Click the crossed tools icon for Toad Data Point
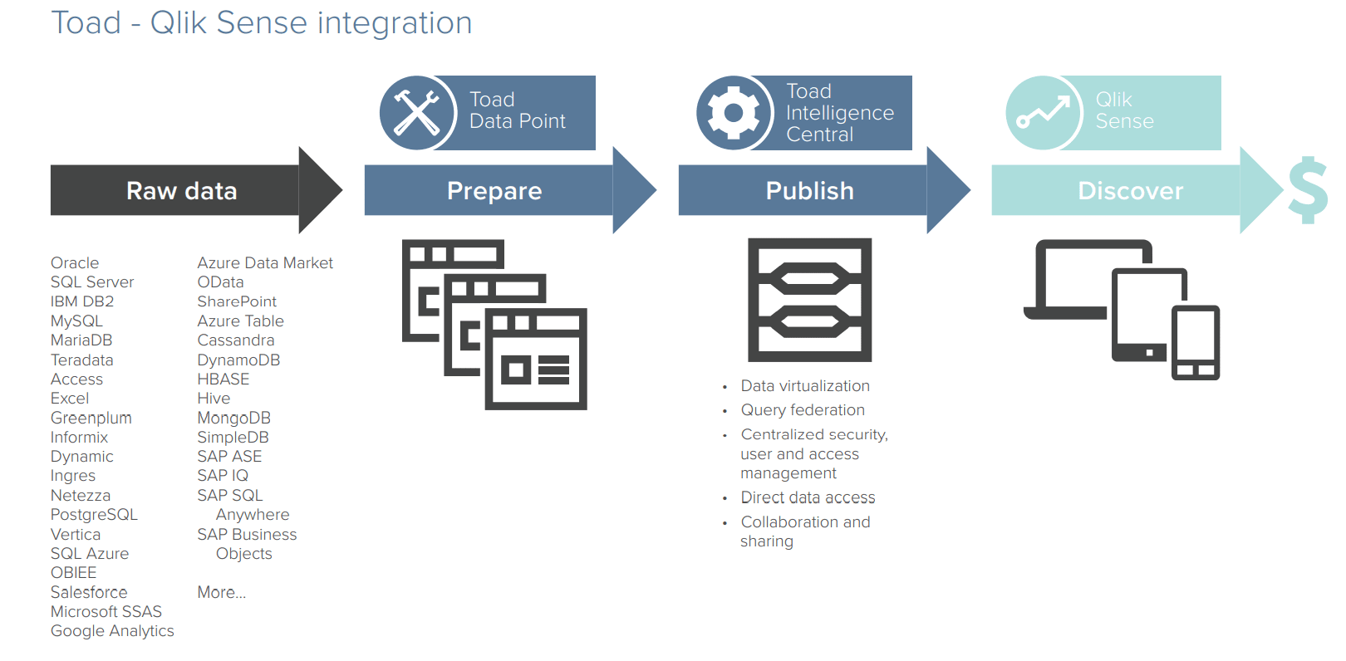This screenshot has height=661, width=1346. pyautogui.click(x=417, y=113)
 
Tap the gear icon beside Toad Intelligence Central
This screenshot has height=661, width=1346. pyautogui.click(x=734, y=113)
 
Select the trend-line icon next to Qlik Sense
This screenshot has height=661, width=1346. pyautogui.click(x=1044, y=113)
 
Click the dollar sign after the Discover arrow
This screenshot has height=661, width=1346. pyautogui.click(x=1308, y=191)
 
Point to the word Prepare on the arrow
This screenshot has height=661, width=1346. pyautogui.click(x=494, y=191)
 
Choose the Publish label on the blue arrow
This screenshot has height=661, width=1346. pyautogui.click(x=809, y=191)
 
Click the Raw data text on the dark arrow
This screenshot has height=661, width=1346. pyautogui.click(x=181, y=191)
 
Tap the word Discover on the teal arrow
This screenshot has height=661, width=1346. pyautogui.click(x=1130, y=191)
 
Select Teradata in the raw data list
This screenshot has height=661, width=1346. pyautogui.click(x=81, y=360)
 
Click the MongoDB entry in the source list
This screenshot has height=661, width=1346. pyautogui.click(x=233, y=418)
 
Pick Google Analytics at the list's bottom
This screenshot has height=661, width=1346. pyautogui.click(x=112, y=631)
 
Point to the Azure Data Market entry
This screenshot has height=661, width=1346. pyautogui.click(x=265, y=263)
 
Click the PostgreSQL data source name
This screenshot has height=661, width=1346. pyautogui.click(x=94, y=515)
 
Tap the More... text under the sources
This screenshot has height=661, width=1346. pyautogui.click(x=221, y=592)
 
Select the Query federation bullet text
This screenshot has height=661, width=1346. pyautogui.click(x=803, y=410)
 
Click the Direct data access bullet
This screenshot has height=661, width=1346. pyautogui.click(x=808, y=497)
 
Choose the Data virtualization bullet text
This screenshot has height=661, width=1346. pyautogui.click(x=805, y=386)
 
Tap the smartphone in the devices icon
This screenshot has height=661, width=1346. pyautogui.click(x=1196, y=343)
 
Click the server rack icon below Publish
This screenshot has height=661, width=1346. pyautogui.click(x=809, y=300)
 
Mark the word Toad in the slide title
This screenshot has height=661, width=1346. pyautogui.click(x=86, y=23)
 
